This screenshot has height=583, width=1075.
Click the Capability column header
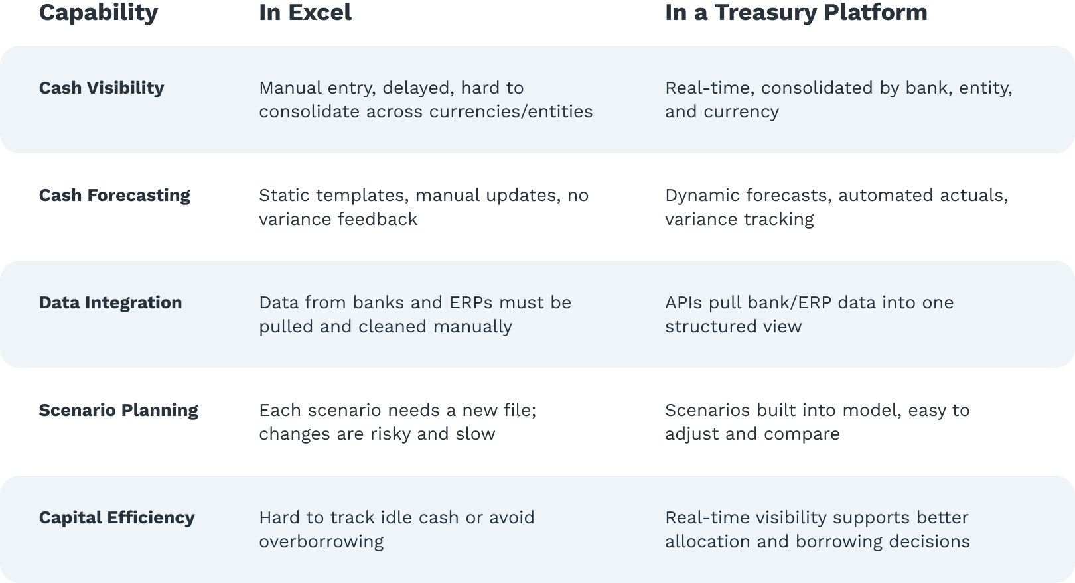pos(98,13)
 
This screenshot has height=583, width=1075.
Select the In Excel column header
pos(305,12)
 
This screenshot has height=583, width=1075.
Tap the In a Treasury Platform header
pos(796,13)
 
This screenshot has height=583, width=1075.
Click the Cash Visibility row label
pos(102,88)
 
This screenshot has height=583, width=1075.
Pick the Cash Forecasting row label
pos(114,196)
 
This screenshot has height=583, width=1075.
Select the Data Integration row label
pos(110,303)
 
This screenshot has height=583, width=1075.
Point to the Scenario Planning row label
pos(119,411)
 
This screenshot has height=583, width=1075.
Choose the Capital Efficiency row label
pos(117,518)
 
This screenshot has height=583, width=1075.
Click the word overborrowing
pos(322,542)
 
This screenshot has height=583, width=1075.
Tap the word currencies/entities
pos(511,112)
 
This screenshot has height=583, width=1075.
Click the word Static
pos(283,195)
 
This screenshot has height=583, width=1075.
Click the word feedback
pos(378,219)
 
